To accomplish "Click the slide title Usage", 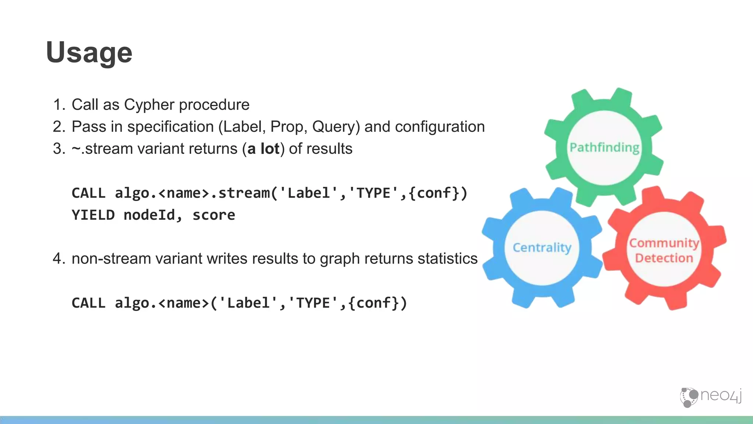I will [89, 53].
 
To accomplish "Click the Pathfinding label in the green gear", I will [604, 148].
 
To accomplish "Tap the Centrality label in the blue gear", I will [542, 248].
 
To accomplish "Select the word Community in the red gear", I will [664, 243].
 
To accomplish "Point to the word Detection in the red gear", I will [664, 258].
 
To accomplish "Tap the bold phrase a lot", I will [263, 149].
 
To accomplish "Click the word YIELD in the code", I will [93, 215].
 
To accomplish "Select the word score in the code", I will [214, 215].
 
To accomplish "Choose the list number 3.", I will [58, 149].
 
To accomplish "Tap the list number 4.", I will [58, 259].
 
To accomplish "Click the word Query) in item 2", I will [336, 127].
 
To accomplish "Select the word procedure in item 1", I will [214, 105].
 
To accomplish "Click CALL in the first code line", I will [89, 193].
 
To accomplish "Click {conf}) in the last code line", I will [378, 303].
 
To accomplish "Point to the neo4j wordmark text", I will [721, 395].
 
